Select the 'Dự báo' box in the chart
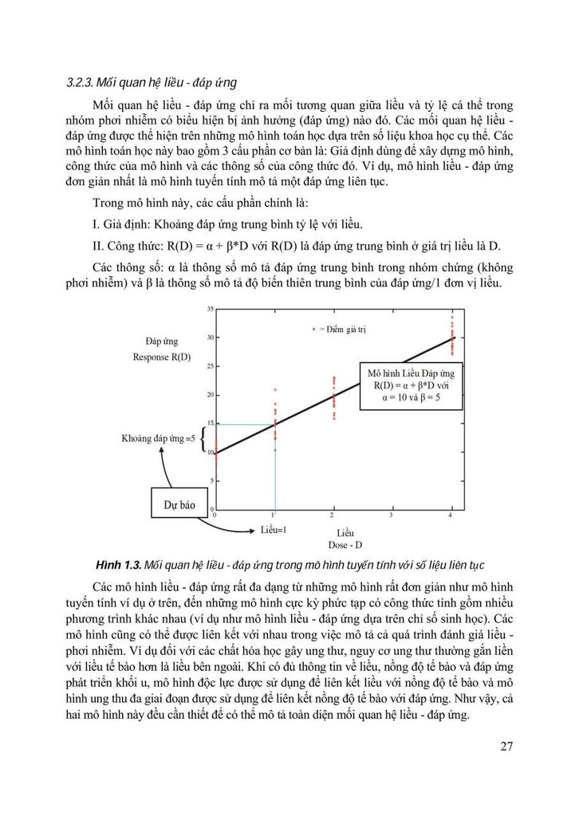pyautogui.click(x=179, y=505)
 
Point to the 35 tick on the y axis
pyautogui.click(x=210, y=308)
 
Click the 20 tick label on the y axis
pyautogui.click(x=210, y=395)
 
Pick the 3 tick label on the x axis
pyautogui.click(x=392, y=517)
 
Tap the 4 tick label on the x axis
pyautogui.click(x=451, y=517)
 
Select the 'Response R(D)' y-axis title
pyautogui.click(x=162, y=357)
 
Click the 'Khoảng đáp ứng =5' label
pyautogui.click(x=158, y=439)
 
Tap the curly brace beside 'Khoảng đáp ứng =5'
pyautogui.click(x=204, y=439)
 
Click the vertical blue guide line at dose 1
pyautogui.click(x=275, y=471)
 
